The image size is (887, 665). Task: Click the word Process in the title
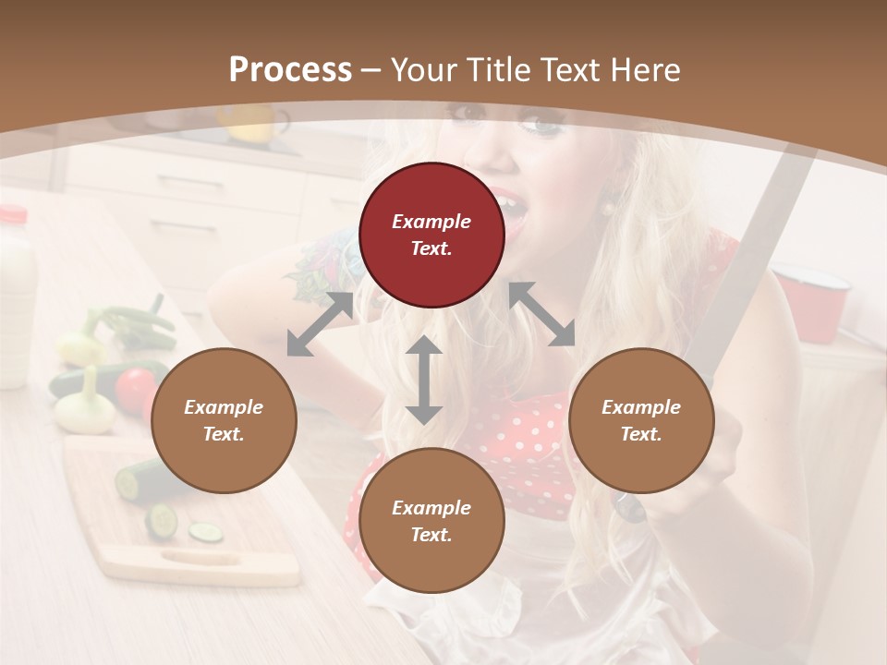[290, 70]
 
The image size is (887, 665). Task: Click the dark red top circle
[431, 235]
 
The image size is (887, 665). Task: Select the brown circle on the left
[224, 420]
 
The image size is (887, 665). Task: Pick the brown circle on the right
[641, 420]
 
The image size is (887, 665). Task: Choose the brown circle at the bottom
[431, 521]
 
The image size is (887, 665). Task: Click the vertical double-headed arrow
[424, 380]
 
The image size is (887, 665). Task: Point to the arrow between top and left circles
[320, 324]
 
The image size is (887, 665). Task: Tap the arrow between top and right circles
[541, 314]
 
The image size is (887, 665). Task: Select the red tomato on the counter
[135, 388]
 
